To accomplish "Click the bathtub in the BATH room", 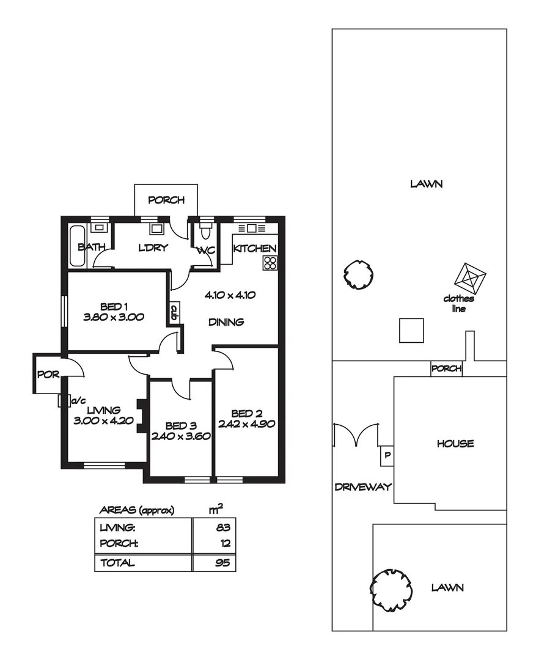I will pos(77,246).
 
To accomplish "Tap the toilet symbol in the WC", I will pos(205,233).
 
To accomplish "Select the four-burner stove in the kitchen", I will pos(270,263).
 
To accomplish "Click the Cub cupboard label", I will pos(174,314).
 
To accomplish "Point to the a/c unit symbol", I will pos(62,400).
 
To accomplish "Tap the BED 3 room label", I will pos(180,426).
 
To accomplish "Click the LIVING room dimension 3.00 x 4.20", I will pos(103,420).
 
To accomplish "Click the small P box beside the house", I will pos(386,455).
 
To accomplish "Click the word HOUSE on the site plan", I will pos(455,444).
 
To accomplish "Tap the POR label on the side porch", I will pos(48,375).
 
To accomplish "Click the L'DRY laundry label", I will pos(153,248).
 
